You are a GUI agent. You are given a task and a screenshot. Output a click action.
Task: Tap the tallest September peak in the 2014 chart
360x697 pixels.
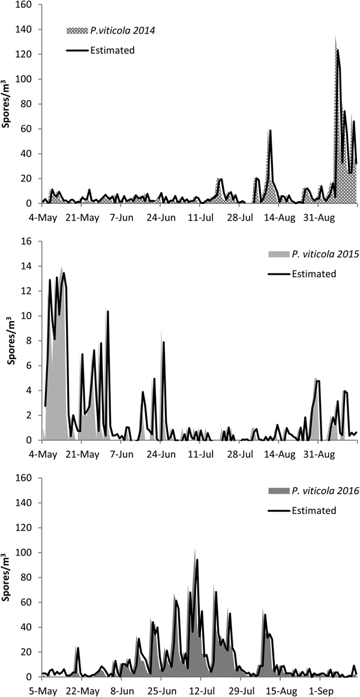(x=337, y=50)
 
